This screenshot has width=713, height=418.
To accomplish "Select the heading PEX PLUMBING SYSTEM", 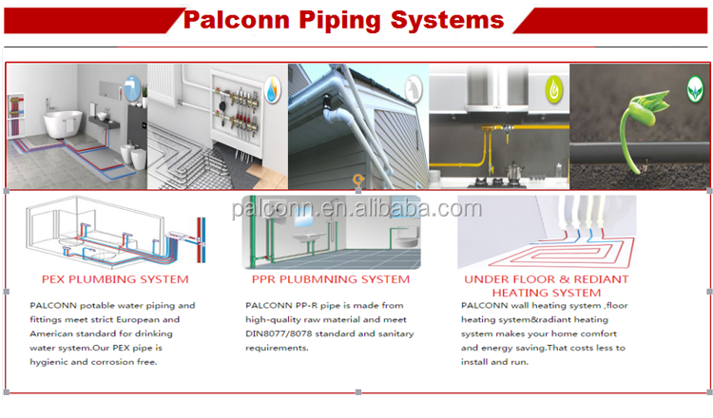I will tap(115, 279).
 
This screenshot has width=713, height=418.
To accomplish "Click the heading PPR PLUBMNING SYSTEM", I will tap(331, 279).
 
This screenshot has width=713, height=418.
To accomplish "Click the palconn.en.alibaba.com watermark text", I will tap(356, 208).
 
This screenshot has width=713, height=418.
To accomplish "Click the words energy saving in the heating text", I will tap(519, 349).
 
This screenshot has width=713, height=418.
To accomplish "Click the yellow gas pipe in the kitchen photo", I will tap(494, 152).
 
